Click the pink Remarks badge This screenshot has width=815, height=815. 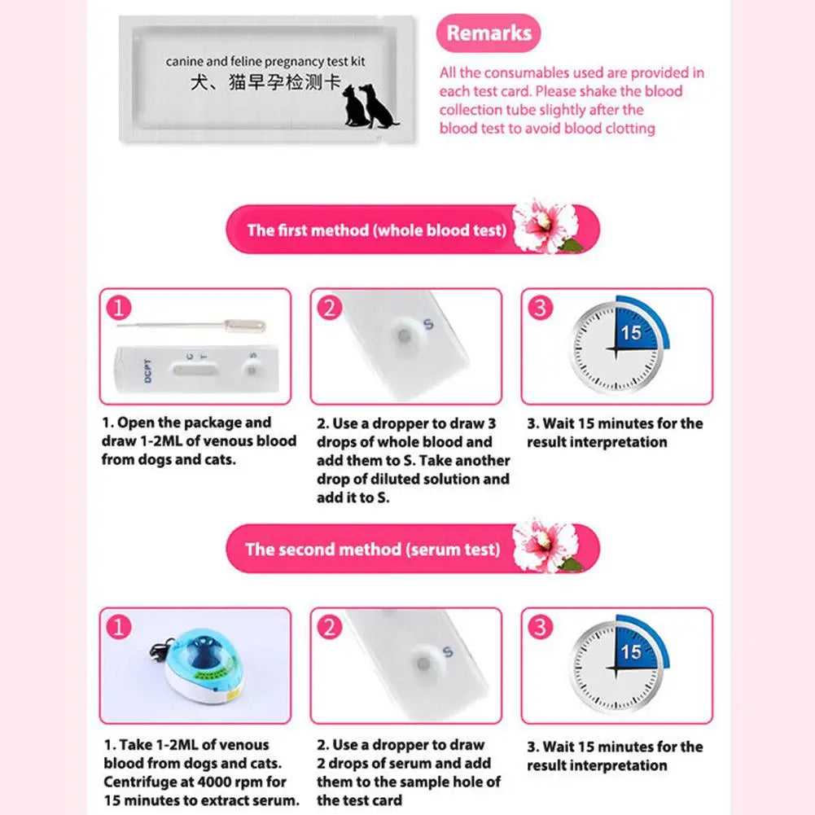click(488, 33)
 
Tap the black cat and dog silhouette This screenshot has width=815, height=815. click(370, 106)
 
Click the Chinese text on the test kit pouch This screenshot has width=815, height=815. click(265, 82)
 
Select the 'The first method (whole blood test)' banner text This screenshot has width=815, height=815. click(377, 230)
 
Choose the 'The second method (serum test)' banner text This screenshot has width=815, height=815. click(373, 550)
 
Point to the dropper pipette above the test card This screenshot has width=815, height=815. click(191, 326)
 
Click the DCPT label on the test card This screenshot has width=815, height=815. click(148, 370)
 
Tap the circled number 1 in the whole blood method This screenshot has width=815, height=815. click(119, 307)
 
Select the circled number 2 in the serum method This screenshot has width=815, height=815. click(330, 627)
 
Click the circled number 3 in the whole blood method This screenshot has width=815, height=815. click(541, 307)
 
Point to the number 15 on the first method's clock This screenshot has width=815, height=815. click(631, 333)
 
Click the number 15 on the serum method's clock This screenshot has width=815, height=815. click(631, 652)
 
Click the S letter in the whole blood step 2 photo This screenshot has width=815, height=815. click(428, 324)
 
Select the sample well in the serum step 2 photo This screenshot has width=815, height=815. click(423, 664)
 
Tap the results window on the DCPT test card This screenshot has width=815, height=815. click(196, 370)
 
